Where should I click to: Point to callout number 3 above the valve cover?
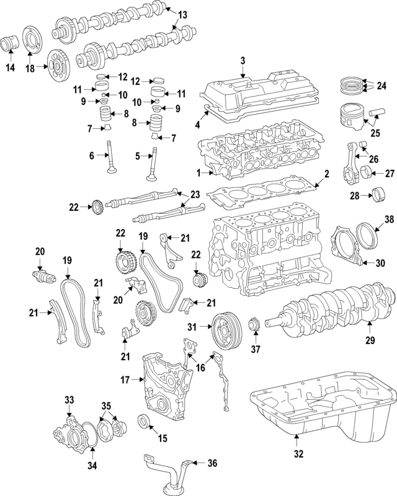point(243,60)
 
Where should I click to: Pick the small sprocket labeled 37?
point(252,325)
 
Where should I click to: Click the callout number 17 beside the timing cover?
point(125,379)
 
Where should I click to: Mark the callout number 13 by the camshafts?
point(182,14)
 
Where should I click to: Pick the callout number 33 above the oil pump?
point(69,399)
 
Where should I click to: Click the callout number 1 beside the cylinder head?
point(199,172)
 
